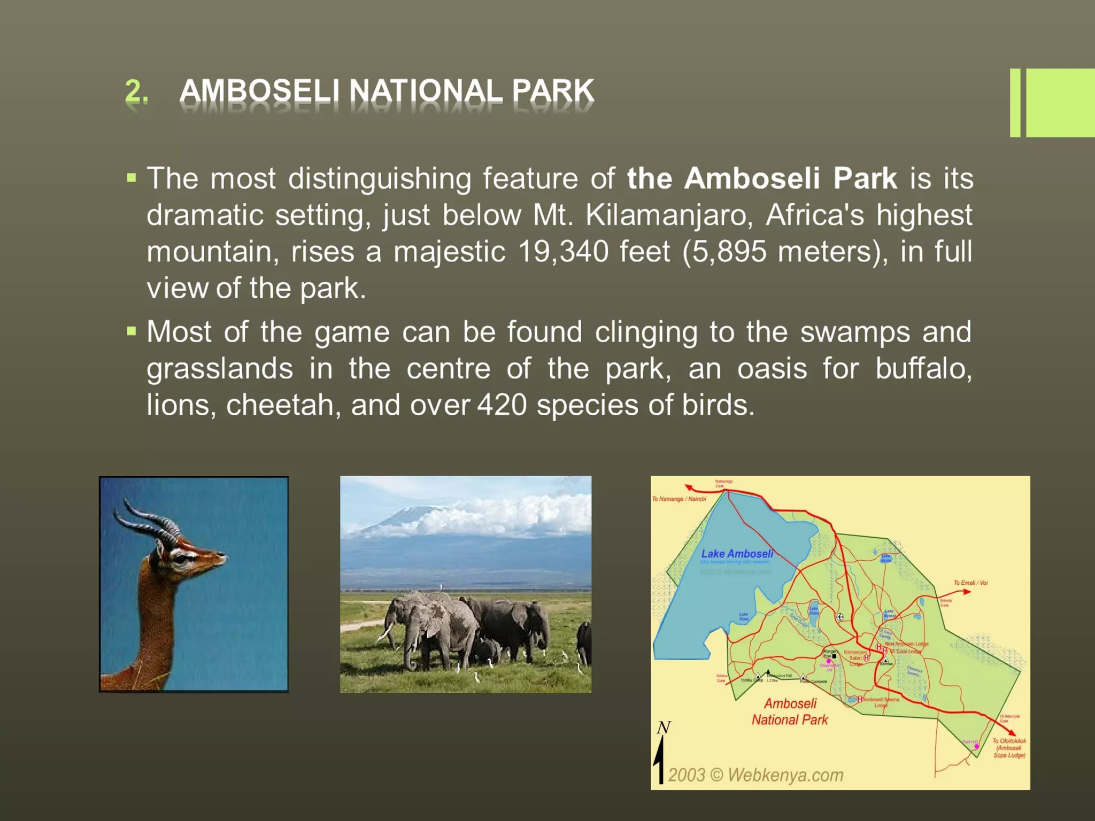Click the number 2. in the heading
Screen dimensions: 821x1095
pos(136,91)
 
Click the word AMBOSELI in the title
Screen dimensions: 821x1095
pos(259,90)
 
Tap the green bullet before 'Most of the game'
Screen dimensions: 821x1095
pos(132,332)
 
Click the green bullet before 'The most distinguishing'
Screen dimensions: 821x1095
pos(132,178)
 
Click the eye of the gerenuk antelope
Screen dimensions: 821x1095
pos(182,559)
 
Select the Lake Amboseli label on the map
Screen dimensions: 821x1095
pos(737,554)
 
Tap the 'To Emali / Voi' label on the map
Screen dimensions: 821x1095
pos(970,583)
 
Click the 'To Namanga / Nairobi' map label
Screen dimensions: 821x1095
pos(678,499)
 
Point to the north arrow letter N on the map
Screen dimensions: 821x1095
pos(664,728)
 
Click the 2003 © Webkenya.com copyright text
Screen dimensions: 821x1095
pos(755,775)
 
